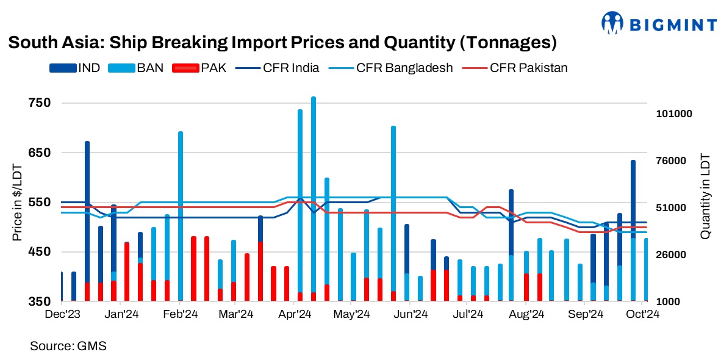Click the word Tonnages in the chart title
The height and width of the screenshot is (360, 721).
[506, 43]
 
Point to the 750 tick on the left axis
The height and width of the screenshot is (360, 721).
[38, 103]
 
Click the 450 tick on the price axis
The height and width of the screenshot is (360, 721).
[38, 252]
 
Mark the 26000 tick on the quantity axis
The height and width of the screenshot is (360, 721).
[674, 255]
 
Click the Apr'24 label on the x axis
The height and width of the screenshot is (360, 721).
[295, 315]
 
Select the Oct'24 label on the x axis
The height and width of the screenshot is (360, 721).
[642, 315]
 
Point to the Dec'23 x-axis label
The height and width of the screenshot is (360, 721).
[64, 315]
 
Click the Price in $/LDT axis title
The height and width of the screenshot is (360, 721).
[17, 202]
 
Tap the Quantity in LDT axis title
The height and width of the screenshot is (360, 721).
[705, 195]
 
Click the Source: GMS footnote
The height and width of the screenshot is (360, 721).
[68, 346]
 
